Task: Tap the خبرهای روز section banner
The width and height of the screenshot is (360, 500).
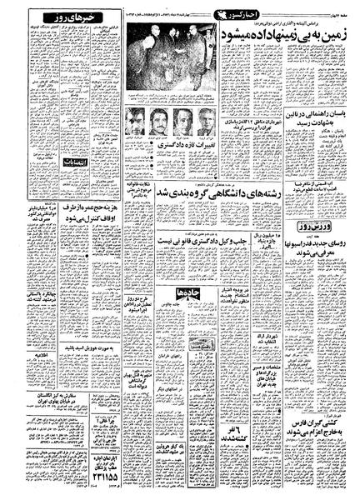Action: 51,20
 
